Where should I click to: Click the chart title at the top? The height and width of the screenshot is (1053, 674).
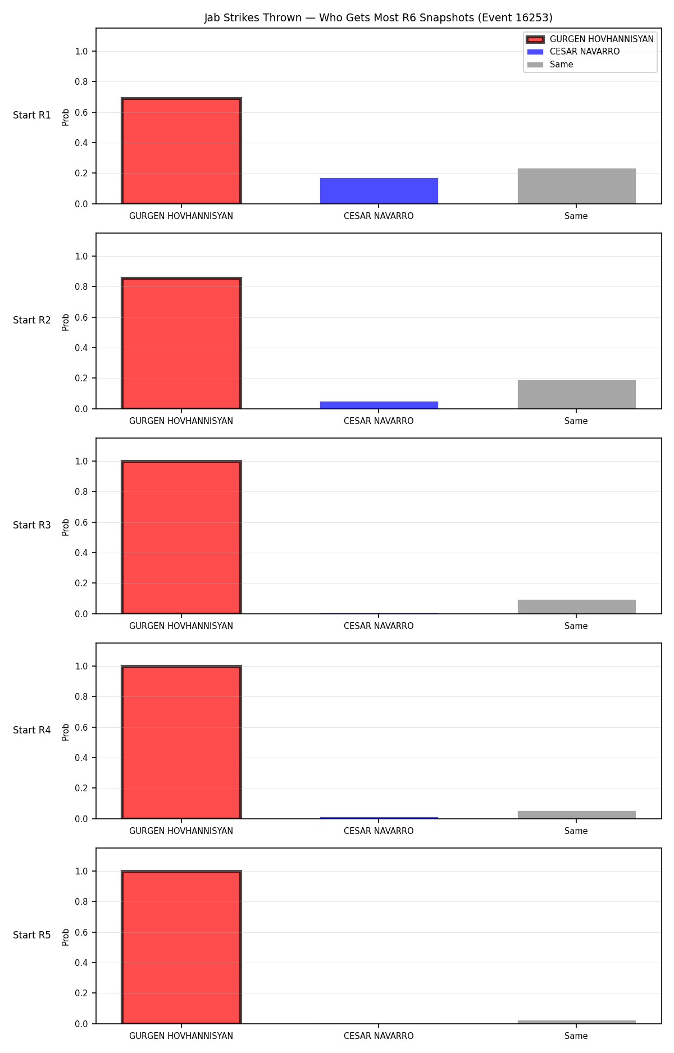[378, 18]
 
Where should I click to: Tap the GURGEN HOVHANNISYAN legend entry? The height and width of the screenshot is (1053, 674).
[590, 39]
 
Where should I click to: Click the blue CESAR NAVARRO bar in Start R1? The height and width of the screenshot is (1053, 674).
[379, 191]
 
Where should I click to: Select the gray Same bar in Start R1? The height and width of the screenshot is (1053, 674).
[576, 186]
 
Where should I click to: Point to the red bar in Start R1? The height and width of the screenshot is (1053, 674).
[181, 151]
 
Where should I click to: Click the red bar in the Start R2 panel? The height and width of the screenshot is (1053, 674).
[181, 344]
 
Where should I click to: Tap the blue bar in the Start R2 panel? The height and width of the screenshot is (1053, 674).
[379, 405]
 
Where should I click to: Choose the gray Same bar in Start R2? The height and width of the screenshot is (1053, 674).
[576, 394]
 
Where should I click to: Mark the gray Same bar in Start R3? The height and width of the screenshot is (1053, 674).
[576, 607]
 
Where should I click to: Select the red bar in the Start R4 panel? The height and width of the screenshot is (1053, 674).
[181, 742]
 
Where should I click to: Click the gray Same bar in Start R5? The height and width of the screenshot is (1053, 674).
[576, 1022]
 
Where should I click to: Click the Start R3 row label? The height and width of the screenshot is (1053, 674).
[32, 525]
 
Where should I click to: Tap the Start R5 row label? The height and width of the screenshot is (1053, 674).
[32, 935]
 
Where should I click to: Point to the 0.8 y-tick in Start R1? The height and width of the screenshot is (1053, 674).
[81, 82]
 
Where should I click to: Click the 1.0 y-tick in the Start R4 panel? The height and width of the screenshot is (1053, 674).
[81, 666]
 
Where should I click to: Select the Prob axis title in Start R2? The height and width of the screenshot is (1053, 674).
[66, 322]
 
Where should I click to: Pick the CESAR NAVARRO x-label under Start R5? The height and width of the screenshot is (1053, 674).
[379, 1036]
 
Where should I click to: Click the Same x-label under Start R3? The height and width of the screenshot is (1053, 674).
[576, 626]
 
